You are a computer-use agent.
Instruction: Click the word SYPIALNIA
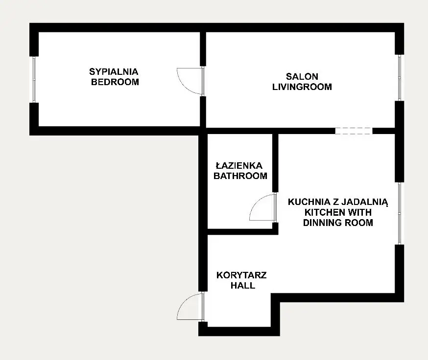pyautogui.click(x=114, y=72)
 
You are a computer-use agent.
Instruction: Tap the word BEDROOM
pyautogui.click(x=115, y=82)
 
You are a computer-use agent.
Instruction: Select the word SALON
pyautogui.click(x=302, y=76)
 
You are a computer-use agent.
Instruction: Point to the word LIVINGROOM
pyautogui.click(x=302, y=87)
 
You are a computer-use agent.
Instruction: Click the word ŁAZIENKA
pyautogui.click(x=239, y=165)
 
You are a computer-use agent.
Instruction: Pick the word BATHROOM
pyautogui.click(x=240, y=176)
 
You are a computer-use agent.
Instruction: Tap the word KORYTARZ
pyautogui.click(x=241, y=275)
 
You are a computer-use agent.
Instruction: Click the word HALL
pyautogui.click(x=243, y=285)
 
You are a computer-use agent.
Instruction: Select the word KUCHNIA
pyautogui.click(x=309, y=202)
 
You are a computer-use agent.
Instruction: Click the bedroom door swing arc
pyautogui.click(x=184, y=86)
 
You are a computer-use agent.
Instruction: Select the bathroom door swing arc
pyautogui.click(x=256, y=202)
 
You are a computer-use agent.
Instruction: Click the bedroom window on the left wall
pyautogui.click(x=34, y=79)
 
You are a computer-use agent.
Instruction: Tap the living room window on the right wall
pyautogui.click(x=399, y=78)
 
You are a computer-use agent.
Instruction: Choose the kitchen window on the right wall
pyautogui.click(x=399, y=213)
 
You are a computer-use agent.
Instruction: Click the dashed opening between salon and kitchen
pyautogui.click(x=354, y=131)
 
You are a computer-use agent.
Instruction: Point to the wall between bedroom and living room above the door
pyautogui.click(x=203, y=49)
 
